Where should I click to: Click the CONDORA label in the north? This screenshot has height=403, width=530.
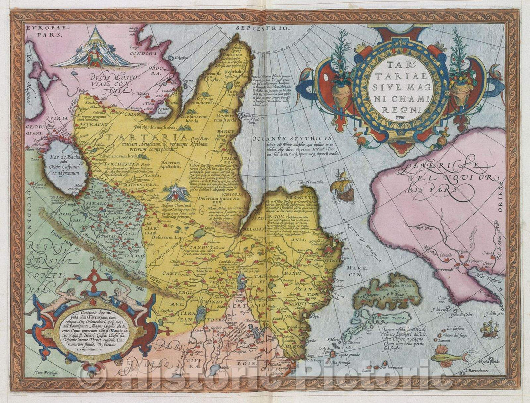[x=147, y=54]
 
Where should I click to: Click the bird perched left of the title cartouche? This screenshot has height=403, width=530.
[x=308, y=77]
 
